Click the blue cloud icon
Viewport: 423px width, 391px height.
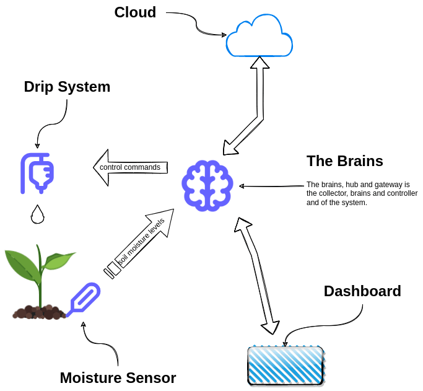click(x=259, y=38)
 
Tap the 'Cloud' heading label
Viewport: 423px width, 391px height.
click(x=135, y=12)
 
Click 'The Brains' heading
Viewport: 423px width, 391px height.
click(x=344, y=161)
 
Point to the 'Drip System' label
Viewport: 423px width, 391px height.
click(x=67, y=87)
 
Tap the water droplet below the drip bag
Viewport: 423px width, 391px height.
click(x=38, y=214)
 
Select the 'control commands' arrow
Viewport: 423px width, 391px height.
click(x=129, y=167)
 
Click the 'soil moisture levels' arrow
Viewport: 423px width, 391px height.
click(x=141, y=242)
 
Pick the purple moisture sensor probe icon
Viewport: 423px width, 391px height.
click(x=84, y=299)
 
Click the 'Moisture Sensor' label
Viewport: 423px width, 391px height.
click(x=118, y=377)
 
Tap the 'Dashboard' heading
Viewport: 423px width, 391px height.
click(x=362, y=291)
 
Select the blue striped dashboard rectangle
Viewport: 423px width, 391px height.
click(x=286, y=365)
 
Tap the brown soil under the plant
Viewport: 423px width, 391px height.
click(x=39, y=312)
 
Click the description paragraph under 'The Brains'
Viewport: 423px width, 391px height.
click(x=362, y=193)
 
